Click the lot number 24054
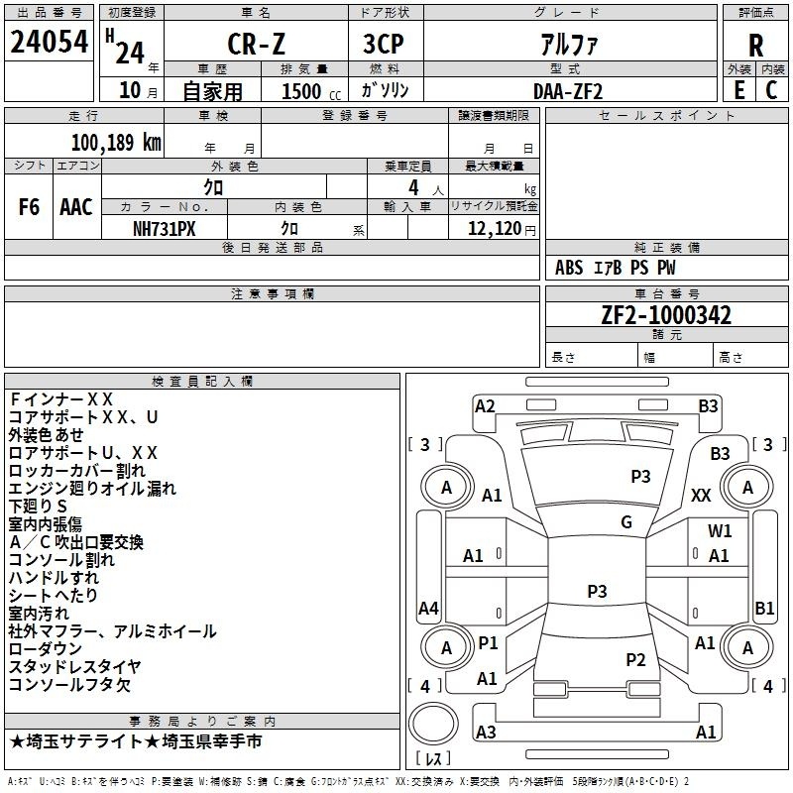[49, 42]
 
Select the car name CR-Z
[256, 44]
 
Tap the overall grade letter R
[755, 46]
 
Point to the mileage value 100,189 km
[116, 143]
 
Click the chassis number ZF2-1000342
[666, 315]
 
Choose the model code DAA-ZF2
[568, 91]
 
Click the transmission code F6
[29, 207]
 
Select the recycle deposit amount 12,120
[494, 229]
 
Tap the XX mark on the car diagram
[701, 496]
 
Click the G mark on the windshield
[626, 522]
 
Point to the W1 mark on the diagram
[720, 530]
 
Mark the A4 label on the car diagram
[428, 608]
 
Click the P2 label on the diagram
[635, 660]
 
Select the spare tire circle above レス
[433, 724]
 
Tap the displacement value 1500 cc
[311, 91]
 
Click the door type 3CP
[384, 44]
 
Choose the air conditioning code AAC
[76, 207]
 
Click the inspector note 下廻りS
[38, 507]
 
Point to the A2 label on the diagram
[485, 406]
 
